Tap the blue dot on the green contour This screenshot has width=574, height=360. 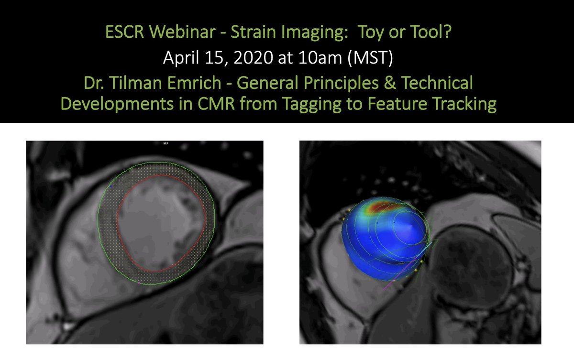[x=111, y=186]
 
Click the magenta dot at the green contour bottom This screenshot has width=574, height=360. [x=139, y=283]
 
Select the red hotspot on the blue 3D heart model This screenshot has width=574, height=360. [x=382, y=207]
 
